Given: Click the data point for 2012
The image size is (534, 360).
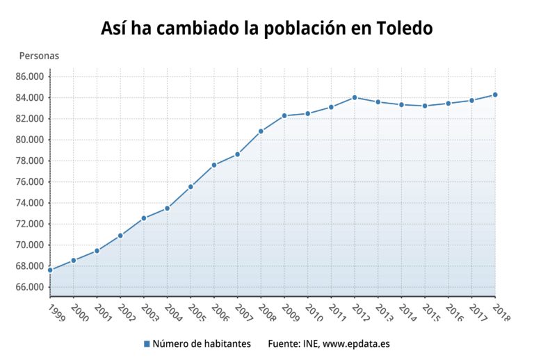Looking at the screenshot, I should point(355,97).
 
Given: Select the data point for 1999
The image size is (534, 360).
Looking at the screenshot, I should point(50,270).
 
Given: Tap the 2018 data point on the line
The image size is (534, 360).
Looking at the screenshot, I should point(495,95).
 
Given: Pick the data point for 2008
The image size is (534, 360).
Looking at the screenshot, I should point(261,131).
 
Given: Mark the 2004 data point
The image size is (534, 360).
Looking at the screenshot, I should point(167,208).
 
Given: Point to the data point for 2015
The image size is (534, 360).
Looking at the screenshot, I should point(425,106).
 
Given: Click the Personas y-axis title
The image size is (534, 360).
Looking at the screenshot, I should point(39,56).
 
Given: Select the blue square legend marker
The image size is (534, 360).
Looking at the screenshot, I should point(147,344).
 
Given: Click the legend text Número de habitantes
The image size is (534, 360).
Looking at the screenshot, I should point(201,344).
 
